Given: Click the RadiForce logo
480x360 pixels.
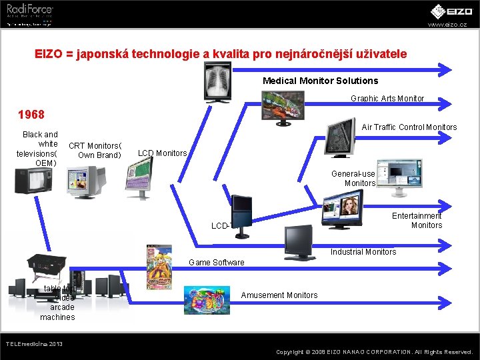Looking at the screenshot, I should [30, 10].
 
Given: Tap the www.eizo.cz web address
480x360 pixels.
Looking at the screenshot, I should [447, 25].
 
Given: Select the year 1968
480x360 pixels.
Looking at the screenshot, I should [31, 115].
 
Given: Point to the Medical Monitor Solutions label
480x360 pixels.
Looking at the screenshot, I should [320, 81].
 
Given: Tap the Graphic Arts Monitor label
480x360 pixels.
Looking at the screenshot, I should [387, 99].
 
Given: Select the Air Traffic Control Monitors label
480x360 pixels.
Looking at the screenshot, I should [409, 127].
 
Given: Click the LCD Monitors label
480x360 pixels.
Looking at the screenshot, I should [162, 153].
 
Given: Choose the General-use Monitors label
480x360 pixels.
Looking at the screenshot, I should [359, 178].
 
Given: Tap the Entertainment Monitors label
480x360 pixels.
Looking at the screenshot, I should [417, 221].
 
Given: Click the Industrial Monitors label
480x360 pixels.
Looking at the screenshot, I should [363, 252].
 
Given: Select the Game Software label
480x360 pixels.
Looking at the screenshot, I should [217, 263].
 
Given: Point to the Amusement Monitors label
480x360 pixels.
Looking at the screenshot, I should [279, 295].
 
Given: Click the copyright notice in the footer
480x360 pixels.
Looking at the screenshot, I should [374, 351].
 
